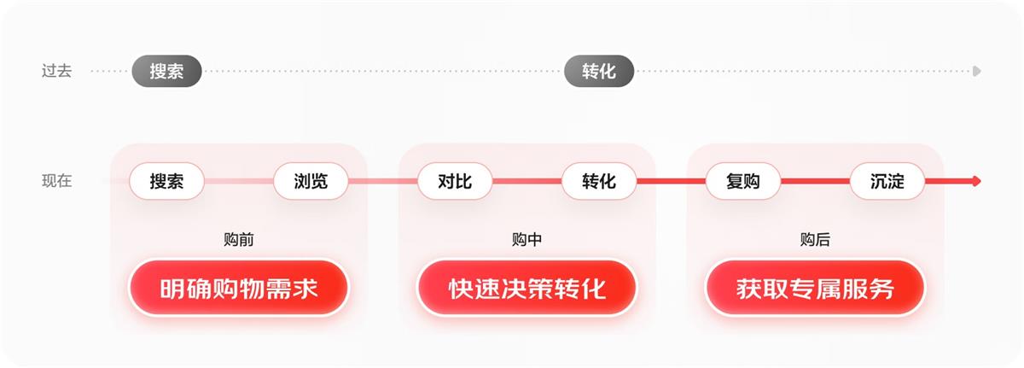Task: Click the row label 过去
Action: [56, 71]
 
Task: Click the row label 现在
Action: [56, 181]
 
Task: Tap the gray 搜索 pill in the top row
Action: [166, 71]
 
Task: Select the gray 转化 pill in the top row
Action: [599, 71]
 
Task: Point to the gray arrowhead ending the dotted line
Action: [976, 71]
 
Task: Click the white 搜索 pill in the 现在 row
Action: [166, 181]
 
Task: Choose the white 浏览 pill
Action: [311, 181]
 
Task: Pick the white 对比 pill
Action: [455, 181]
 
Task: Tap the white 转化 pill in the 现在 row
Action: [599, 181]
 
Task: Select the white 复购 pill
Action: [743, 181]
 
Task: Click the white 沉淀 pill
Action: [887, 181]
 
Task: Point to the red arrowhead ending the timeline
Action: [976, 181]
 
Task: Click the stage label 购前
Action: [238, 240]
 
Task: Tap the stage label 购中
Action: [527, 240]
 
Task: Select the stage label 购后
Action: [815, 240]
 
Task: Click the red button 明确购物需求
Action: [238, 288]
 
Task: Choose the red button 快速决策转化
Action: [527, 288]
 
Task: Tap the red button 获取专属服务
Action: [815, 288]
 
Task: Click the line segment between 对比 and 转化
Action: [527, 181]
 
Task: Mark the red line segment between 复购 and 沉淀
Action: [815, 181]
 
